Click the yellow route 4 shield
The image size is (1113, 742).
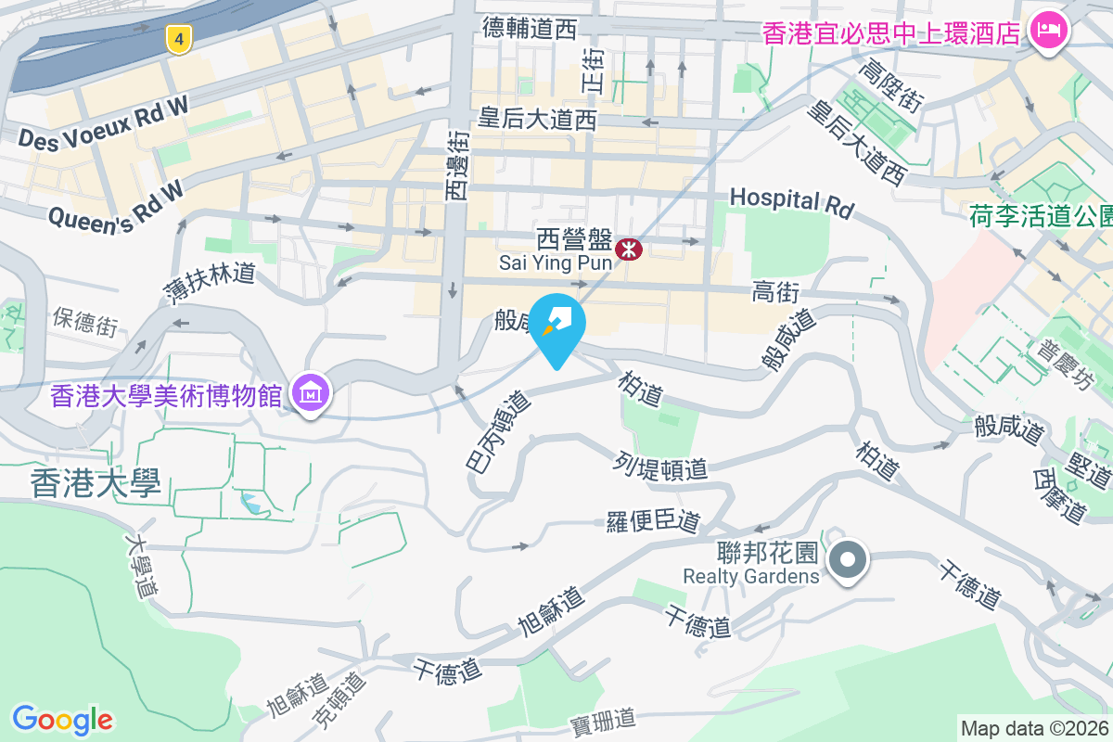(179, 39)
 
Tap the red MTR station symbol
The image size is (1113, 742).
(629, 248)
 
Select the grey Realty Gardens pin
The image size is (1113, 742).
(847, 561)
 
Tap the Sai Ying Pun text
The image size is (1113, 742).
(556, 262)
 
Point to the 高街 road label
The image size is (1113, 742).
(775, 294)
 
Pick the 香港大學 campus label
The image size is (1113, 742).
(96, 483)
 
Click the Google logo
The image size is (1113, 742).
(62, 719)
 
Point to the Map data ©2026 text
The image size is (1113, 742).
(1034, 728)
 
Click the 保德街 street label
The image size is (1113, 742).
(85, 321)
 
